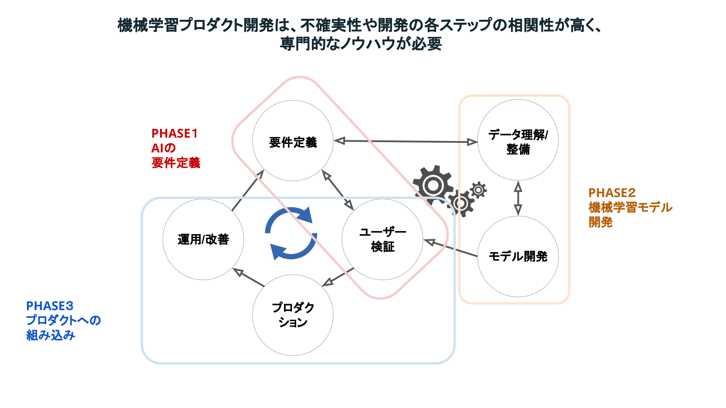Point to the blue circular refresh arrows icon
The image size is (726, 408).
click(291, 233)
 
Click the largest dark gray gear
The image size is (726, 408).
click(433, 185)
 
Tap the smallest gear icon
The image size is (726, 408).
click(478, 190)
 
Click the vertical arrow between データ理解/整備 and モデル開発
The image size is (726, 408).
click(518, 198)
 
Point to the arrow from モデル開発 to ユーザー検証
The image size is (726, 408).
click(450, 248)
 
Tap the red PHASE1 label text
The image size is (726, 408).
click(175, 133)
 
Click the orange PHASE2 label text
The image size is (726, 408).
click(612, 193)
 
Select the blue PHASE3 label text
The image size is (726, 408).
click(50, 306)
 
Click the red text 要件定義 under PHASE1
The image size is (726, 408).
click(176, 163)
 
